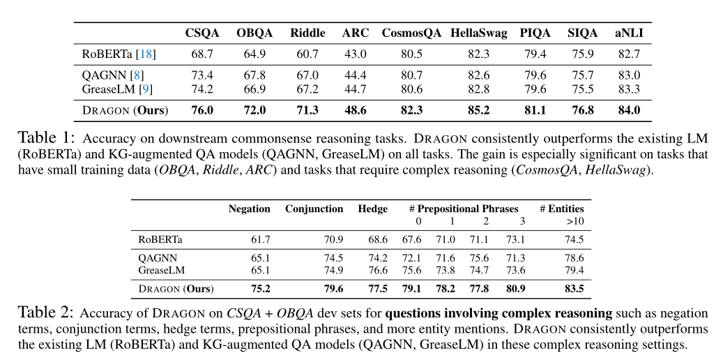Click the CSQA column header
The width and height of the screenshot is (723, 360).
click(x=202, y=33)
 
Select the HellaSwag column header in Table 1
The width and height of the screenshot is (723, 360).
click(x=478, y=33)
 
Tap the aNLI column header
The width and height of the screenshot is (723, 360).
click(x=629, y=33)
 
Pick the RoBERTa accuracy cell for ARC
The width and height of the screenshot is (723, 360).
click(x=356, y=54)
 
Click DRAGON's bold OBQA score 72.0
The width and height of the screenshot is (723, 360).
click(x=254, y=111)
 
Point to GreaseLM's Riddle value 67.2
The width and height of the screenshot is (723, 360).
click(x=307, y=89)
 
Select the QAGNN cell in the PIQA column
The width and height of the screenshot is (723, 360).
click(x=535, y=75)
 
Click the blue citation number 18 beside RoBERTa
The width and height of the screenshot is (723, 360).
click(x=146, y=54)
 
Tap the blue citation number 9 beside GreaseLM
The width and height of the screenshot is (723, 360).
click(x=145, y=89)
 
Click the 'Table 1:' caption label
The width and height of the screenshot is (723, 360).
click(x=45, y=137)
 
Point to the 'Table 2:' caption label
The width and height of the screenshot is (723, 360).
click(x=45, y=313)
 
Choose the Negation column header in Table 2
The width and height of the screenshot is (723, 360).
click(x=249, y=209)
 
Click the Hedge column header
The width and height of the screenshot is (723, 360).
click(x=372, y=209)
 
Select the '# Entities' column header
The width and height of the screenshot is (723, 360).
click(x=562, y=209)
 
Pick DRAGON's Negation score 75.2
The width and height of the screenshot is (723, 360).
click(x=261, y=289)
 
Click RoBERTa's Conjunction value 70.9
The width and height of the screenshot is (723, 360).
click(x=333, y=239)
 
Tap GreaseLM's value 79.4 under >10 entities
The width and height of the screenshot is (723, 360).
click(x=574, y=270)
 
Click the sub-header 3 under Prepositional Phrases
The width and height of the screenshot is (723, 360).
click(x=522, y=221)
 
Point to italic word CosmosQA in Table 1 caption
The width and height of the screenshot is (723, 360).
click(x=547, y=170)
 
